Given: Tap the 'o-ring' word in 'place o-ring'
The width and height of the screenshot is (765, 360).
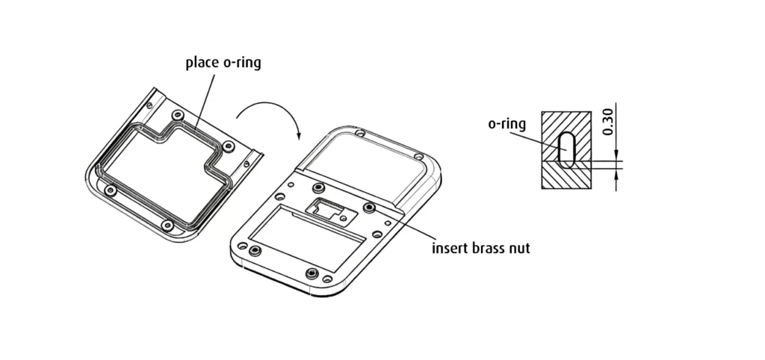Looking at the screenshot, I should [x=243, y=63].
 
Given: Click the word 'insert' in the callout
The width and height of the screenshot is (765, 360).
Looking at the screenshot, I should [x=450, y=248].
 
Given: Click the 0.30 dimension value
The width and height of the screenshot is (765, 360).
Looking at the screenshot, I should [x=608, y=122].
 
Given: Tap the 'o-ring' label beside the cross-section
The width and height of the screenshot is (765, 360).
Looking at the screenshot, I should [x=507, y=124].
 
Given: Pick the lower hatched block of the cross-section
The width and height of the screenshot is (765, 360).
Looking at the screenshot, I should [x=566, y=178].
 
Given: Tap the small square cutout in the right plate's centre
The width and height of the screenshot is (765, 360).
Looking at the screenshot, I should [x=326, y=206].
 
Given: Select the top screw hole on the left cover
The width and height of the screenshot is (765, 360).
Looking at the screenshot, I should [x=177, y=114].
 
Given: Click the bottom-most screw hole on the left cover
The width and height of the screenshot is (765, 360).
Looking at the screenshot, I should [x=168, y=223].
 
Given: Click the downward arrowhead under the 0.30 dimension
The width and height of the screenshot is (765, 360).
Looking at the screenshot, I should [x=617, y=158].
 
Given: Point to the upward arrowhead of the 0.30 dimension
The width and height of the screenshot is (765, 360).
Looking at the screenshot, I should [x=617, y=172].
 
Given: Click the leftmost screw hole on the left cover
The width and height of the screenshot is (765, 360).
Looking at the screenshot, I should [x=111, y=190].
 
